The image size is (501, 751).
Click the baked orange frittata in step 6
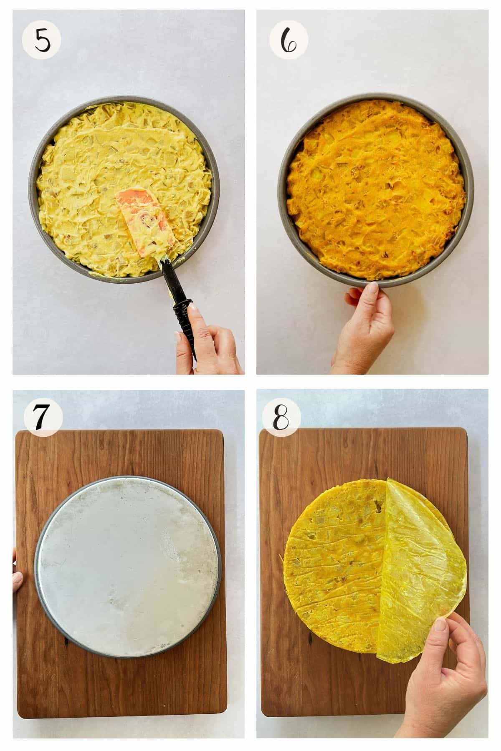tap(376, 188)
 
